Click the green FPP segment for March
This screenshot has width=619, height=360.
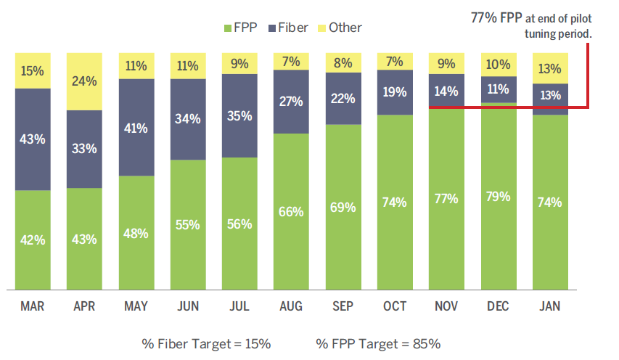click(33, 240)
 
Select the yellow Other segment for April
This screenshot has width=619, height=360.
click(84, 81)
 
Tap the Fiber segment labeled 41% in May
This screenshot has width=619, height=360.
click(136, 128)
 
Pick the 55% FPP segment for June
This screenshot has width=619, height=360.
click(188, 224)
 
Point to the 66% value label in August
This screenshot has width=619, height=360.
click(291, 211)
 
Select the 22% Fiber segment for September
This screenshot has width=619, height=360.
click(343, 98)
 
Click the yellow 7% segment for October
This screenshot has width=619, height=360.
click(395, 62)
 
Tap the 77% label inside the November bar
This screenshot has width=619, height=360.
click(446, 198)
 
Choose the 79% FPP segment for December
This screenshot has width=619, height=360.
click(498, 196)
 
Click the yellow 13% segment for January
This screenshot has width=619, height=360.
click(549, 68)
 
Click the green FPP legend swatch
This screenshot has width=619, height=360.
click(227, 28)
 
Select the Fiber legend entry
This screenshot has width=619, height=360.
click(287, 28)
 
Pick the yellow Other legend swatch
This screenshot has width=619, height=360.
click(322, 28)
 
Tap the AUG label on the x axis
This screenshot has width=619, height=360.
click(291, 306)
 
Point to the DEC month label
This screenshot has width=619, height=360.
click(498, 306)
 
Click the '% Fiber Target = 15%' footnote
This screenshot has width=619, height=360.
click(207, 343)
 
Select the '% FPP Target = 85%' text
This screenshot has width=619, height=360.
click(378, 343)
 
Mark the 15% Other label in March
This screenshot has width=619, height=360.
click(33, 71)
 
